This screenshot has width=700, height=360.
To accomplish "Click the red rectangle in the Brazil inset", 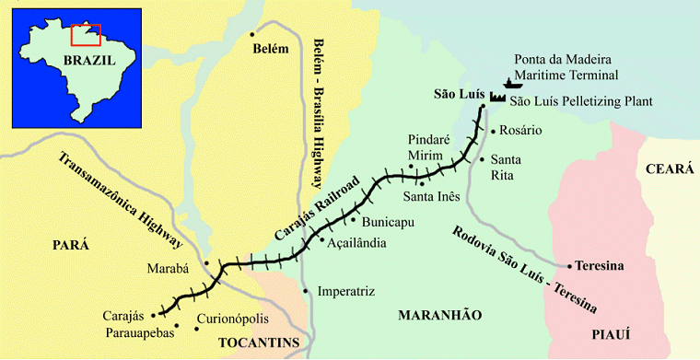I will pyautogui.click(x=85, y=34).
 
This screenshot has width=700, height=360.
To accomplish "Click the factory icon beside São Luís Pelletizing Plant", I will pyautogui.click(x=498, y=96).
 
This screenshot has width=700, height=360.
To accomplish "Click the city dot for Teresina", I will pyautogui.click(x=570, y=265).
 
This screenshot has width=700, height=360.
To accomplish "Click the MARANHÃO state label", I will pyautogui.click(x=439, y=316).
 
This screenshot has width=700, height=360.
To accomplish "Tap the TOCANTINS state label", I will pyautogui.click(x=259, y=343).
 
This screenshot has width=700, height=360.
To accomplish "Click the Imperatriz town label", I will pyautogui.click(x=346, y=292).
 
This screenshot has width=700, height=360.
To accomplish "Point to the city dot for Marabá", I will pyautogui.click(x=207, y=262).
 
